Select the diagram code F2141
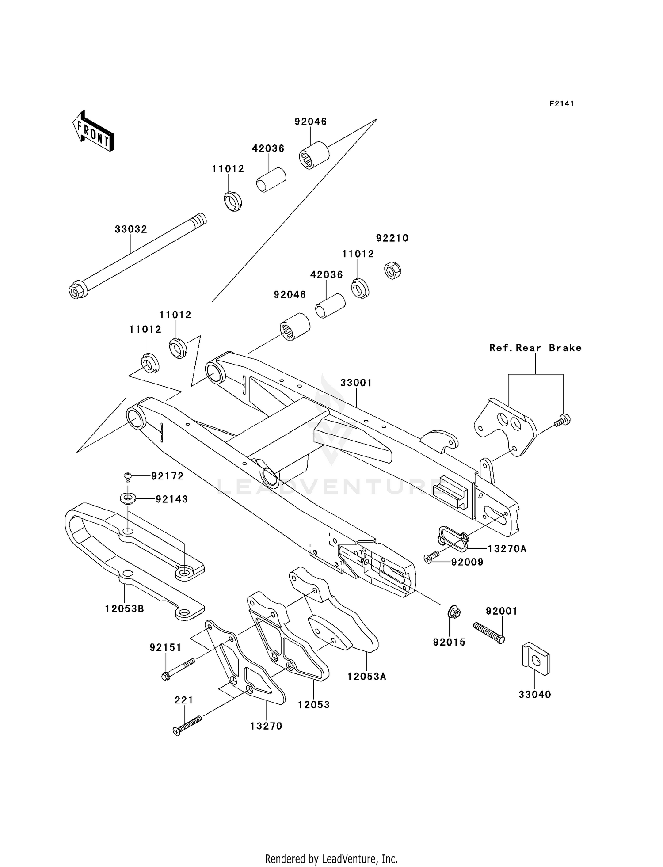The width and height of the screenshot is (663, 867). [x=561, y=104]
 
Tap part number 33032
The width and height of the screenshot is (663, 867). [x=131, y=229]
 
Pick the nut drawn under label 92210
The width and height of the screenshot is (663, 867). [x=392, y=269]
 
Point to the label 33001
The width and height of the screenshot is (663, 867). [x=356, y=383]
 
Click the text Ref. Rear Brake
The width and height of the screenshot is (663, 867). [x=535, y=348]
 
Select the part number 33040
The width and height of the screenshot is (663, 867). [x=535, y=695]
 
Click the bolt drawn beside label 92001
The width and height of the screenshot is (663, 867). [x=488, y=633]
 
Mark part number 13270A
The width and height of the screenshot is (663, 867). [x=507, y=549]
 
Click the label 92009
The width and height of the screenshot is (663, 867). [x=467, y=562]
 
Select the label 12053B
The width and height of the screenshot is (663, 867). [x=125, y=608]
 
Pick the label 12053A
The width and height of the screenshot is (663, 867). [x=366, y=677]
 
